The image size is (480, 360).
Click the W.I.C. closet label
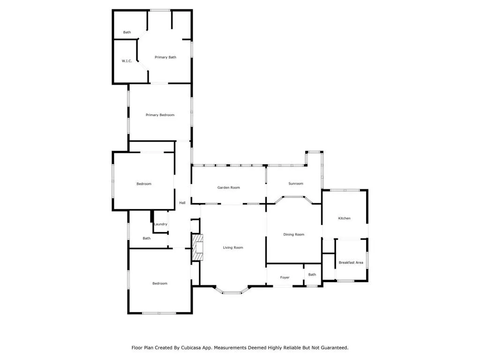[127, 61]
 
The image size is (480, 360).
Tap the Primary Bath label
[165, 57]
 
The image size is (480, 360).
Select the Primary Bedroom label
[160, 115]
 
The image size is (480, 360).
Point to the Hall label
[182, 202]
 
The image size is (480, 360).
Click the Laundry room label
[160, 224]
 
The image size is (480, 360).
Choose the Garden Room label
[228, 187]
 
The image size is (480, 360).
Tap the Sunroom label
[296, 184]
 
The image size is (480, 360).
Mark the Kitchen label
[345, 218]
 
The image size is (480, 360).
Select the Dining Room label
[294, 234]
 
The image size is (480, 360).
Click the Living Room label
[233, 247]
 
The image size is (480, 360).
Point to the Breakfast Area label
[351, 262]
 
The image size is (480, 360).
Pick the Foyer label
[285, 277]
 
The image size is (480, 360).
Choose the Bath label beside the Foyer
[312, 275]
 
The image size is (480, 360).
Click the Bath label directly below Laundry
[147, 238]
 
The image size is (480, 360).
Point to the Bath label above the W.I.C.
[127, 32]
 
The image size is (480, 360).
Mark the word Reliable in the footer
[282, 348]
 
